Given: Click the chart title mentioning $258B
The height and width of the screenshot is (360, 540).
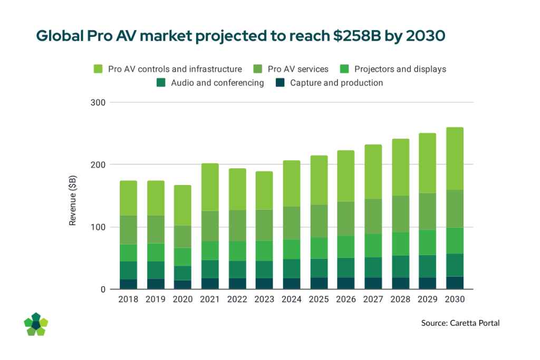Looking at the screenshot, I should pyautogui.click(x=241, y=36).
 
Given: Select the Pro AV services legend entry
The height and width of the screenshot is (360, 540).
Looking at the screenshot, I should pyautogui.click(x=298, y=69).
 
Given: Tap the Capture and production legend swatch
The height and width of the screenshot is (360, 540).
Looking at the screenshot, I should pyautogui.click(x=281, y=83).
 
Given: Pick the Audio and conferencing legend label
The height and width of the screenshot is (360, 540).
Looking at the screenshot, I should pyautogui.click(x=217, y=83).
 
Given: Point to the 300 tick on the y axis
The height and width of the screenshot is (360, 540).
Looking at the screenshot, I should pyautogui.click(x=99, y=102).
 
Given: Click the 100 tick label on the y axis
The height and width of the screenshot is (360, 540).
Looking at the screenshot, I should pyautogui.click(x=99, y=227).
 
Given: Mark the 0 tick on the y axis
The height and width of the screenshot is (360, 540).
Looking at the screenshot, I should pyautogui.click(x=103, y=289).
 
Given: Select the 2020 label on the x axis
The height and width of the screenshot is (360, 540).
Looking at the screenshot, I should pyautogui.click(x=183, y=299).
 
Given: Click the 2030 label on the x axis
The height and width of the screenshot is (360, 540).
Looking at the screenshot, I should pyautogui.click(x=455, y=299).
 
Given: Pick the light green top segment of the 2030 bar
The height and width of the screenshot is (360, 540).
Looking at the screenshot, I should pyautogui.click(x=455, y=158).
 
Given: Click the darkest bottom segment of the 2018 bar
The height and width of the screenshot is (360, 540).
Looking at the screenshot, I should pyautogui.click(x=129, y=284).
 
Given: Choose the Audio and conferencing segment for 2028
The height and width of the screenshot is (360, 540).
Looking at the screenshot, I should pyautogui.click(x=400, y=267).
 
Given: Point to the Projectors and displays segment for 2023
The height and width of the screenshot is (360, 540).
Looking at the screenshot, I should pyautogui.click(x=265, y=251).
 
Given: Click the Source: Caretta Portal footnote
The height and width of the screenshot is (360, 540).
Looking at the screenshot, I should pyautogui.click(x=460, y=323).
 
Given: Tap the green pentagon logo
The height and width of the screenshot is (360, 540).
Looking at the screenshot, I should pyautogui.click(x=36, y=324).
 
